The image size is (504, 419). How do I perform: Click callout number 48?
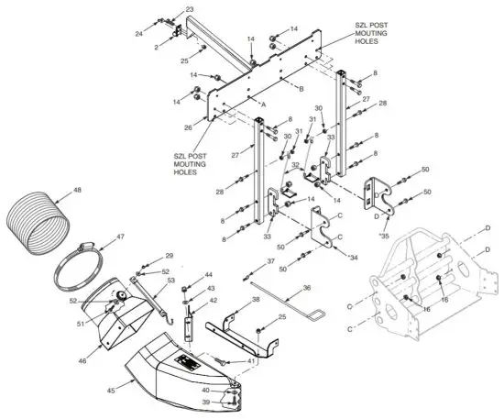pos(77,191)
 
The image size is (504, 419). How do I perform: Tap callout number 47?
pos(118,237)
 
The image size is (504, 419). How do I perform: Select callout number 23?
pos(190,9)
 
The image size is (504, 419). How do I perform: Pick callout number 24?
pos(139,33)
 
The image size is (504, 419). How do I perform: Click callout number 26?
pos(188,127)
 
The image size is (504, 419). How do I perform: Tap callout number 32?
pos(295,165)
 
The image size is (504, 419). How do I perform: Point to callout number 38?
pos(256,301)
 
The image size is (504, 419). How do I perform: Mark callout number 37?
pos(270,261)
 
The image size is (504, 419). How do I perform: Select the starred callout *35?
pos(383,235)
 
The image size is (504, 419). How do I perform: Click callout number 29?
pos(169,256)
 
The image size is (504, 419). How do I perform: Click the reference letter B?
pos(301,88)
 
